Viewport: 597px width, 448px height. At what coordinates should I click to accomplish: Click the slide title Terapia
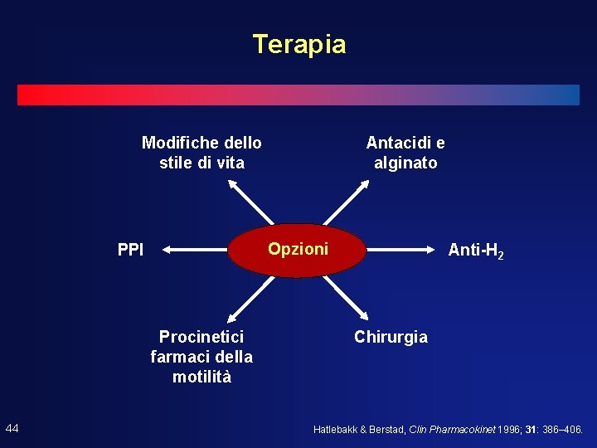(298, 44)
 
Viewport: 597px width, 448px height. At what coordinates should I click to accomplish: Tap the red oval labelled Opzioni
(297, 249)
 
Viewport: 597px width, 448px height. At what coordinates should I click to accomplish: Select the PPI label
(130, 249)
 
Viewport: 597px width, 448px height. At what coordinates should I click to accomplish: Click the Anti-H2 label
(475, 249)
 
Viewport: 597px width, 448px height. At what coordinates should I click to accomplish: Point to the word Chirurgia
(391, 337)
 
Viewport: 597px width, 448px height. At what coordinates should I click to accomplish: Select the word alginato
(405, 163)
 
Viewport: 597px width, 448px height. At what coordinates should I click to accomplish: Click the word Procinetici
(201, 337)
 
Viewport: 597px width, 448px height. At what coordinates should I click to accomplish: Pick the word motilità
(201, 377)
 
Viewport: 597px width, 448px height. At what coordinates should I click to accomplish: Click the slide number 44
(12, 428)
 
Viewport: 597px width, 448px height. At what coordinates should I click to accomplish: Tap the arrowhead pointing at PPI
(166, 249)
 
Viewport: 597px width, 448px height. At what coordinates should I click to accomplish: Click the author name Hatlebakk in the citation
(337, 430)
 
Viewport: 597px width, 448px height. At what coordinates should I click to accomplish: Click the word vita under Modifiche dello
(229, 163)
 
